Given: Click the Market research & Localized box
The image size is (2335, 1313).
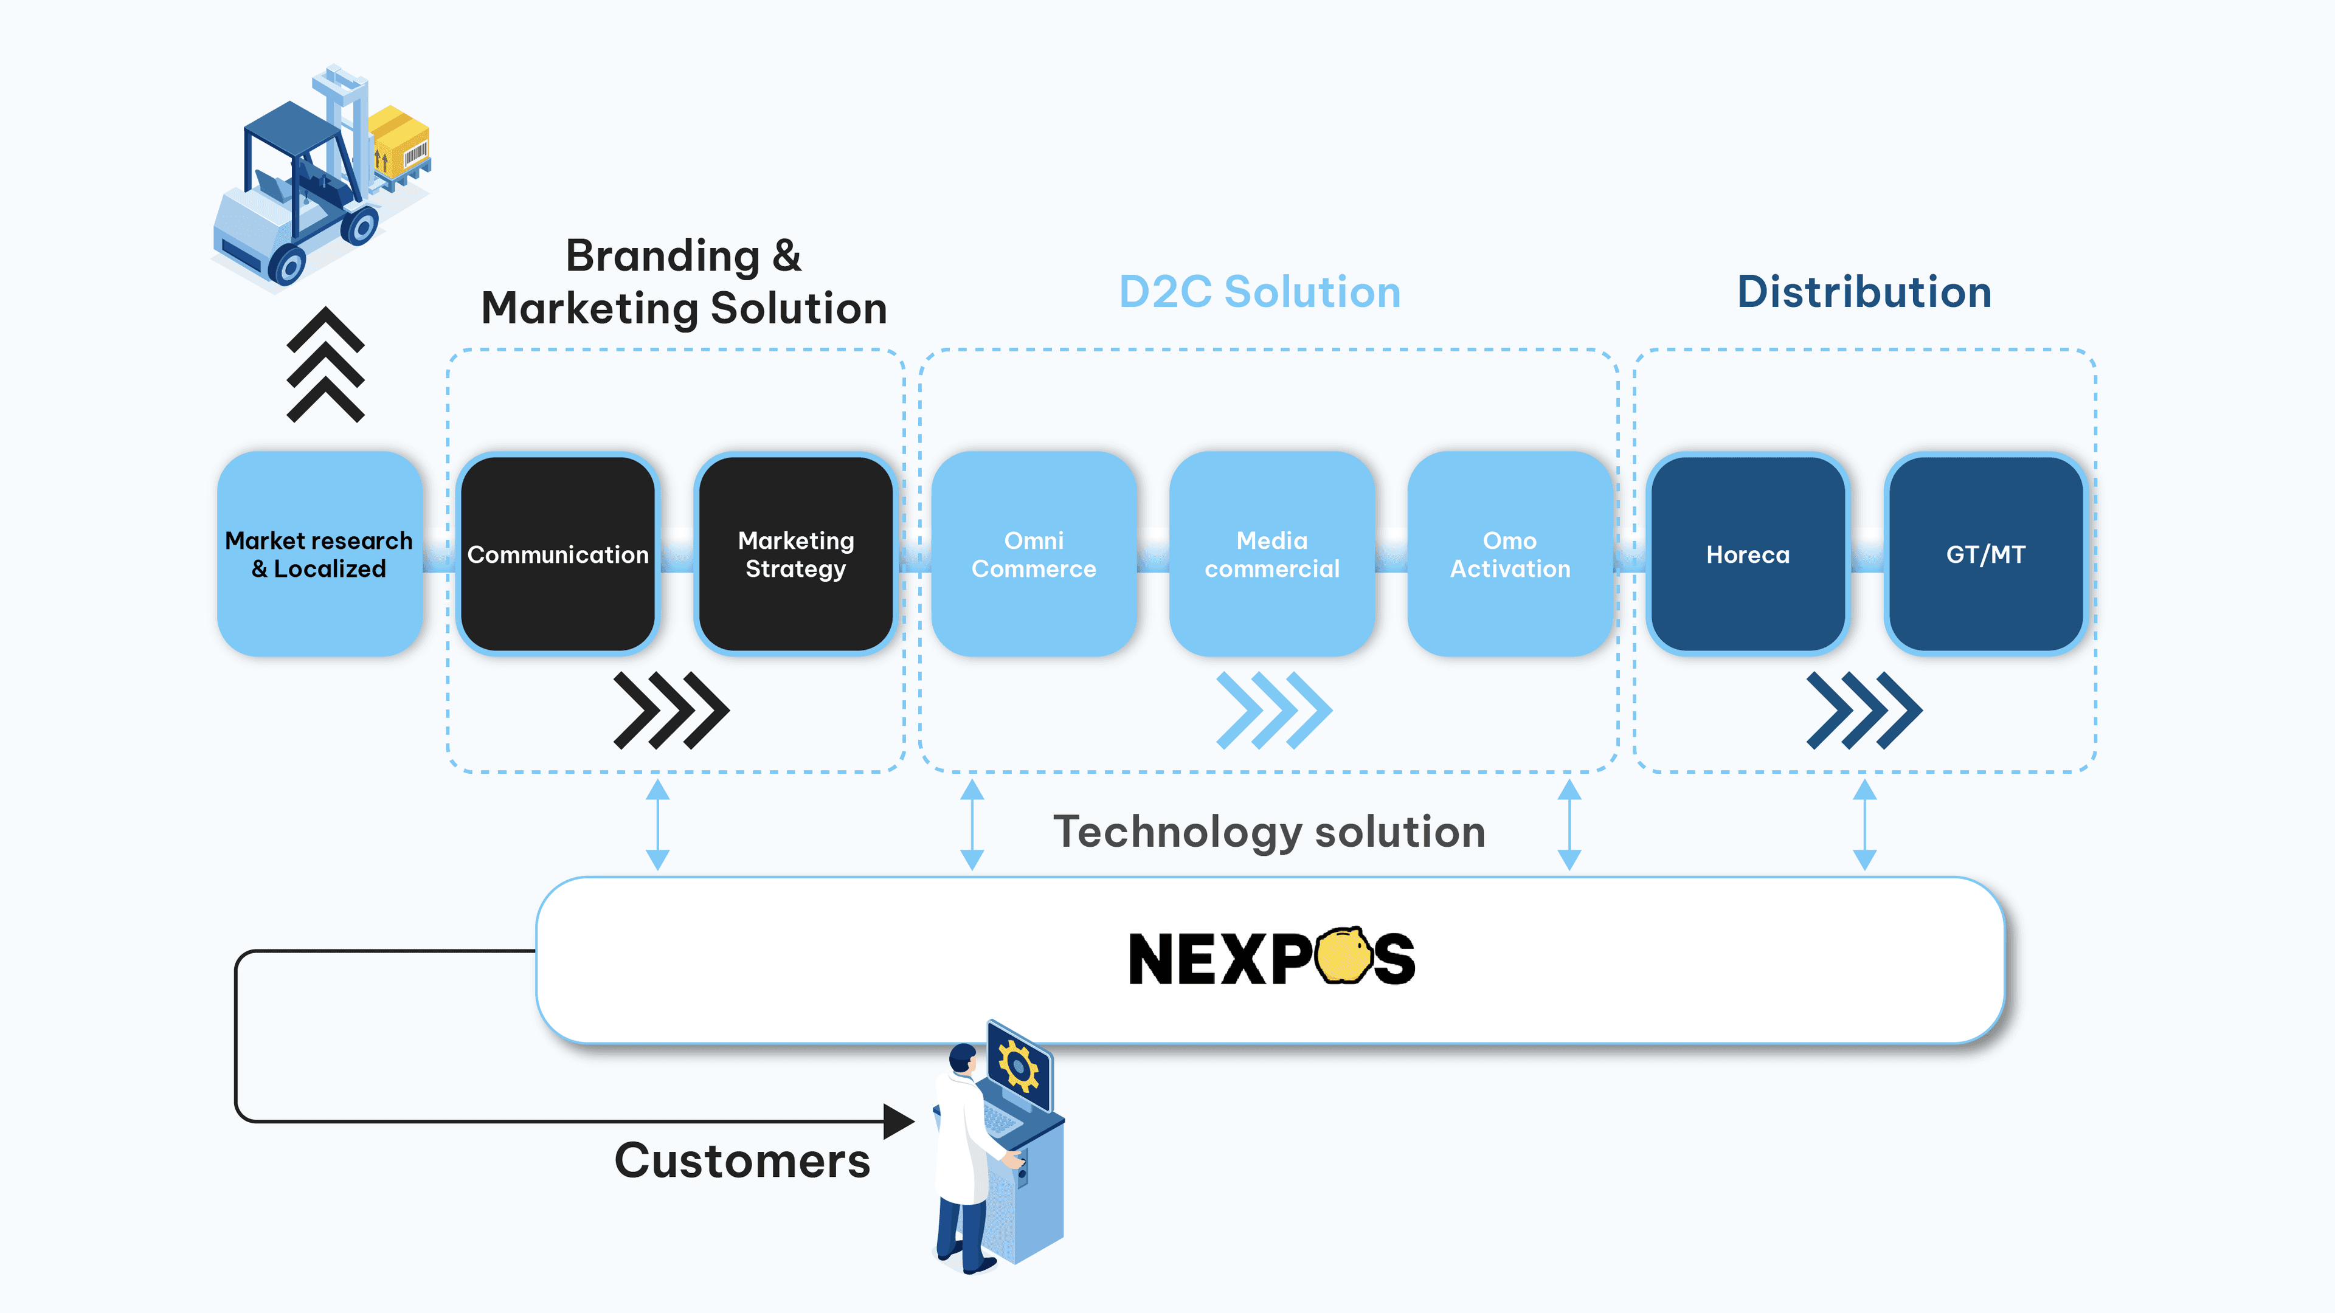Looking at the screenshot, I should [319, 554].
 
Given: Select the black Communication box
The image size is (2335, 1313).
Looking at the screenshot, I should [558, 554].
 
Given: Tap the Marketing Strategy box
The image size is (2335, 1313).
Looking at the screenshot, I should [796, 554].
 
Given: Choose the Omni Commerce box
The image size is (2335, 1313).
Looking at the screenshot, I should [1033, 554].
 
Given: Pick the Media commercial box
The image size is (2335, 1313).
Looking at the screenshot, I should [1271, 554].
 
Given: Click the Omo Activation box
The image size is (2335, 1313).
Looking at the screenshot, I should [1509, 554].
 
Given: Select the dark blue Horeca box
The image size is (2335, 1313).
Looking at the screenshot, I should [1748, 554].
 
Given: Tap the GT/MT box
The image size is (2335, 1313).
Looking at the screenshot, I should [1986, 554].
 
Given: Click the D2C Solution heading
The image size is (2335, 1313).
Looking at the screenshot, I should [1260, 292].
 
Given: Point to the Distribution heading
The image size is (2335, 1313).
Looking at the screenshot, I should [1864, 292].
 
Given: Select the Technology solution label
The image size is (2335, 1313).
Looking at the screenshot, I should [1269, 832].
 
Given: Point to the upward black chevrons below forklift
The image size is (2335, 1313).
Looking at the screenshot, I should [325, 364].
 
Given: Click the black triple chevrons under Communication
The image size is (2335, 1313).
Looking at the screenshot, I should [671, 711].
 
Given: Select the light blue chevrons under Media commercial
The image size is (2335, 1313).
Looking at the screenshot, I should [1273, 711].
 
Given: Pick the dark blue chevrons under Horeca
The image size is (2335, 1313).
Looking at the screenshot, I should [1864, 711].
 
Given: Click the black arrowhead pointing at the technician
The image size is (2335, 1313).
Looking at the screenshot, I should [898, 1122].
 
